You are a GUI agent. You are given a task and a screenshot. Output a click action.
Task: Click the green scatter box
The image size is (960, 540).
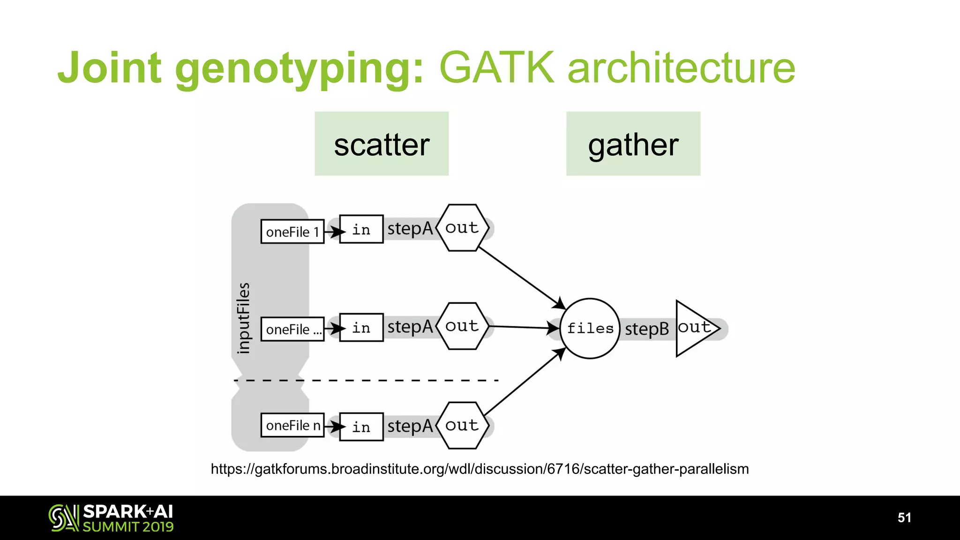[x=381, y=143]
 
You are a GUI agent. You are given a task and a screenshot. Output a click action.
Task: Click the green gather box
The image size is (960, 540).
[x=633, y=143]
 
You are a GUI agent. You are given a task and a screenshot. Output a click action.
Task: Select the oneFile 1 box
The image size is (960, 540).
[x=292, y=232]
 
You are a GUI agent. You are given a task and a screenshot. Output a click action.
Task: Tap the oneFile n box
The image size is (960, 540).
[x=292, y=425]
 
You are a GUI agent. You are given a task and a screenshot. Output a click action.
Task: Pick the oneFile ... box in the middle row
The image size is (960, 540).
[x=292, y=329]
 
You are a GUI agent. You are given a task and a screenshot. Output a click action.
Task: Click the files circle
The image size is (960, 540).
[x=590, y=328]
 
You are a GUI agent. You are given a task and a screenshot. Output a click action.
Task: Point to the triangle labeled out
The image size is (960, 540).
[x=694, y=328]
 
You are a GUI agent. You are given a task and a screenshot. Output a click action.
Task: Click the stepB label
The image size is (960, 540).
[x=647, y=329]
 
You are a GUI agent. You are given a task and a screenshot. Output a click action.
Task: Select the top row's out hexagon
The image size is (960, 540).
[x=462, y=228]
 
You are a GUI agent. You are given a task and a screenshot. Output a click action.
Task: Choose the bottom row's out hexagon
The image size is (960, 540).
[x=462, y=426]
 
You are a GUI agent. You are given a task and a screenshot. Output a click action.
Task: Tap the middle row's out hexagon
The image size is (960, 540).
[x=462, y=326]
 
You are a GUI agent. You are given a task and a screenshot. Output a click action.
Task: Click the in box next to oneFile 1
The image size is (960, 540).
[x=361, y=229]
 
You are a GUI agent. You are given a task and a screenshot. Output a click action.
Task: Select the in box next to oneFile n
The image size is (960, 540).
[x=361, y=427]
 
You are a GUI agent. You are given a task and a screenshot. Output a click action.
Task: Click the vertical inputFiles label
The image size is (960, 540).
[x=243, y=318]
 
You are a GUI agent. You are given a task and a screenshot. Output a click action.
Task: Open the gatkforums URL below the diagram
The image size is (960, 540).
[x=479, y=469]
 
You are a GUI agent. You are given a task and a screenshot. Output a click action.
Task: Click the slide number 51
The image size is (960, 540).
[x=904, y=517]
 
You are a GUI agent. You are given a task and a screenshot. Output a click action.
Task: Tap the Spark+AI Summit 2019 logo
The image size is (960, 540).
[x=111, y=518]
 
